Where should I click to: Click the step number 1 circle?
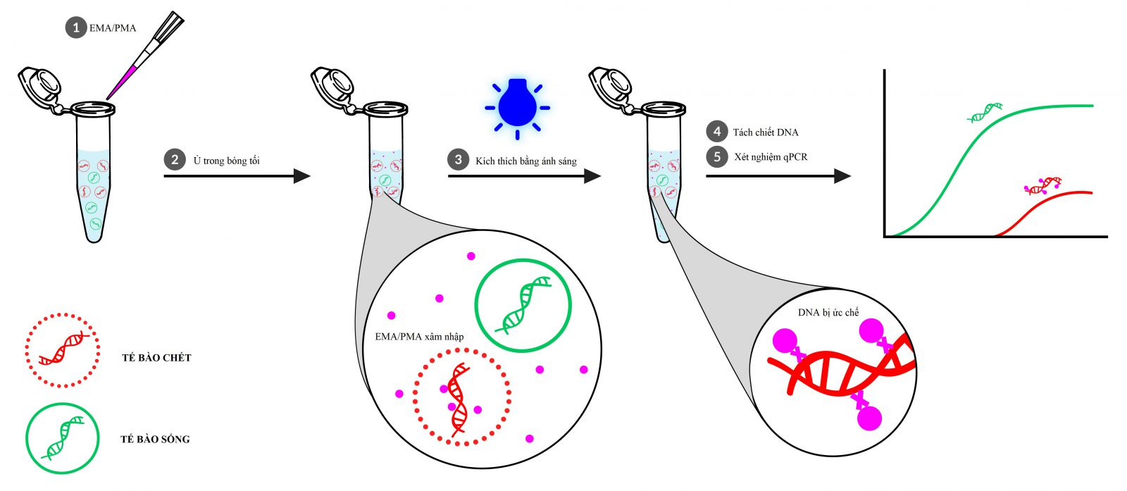76,27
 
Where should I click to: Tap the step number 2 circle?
175,160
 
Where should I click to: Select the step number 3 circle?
458,160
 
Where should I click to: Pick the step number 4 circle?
717,132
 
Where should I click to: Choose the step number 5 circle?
717,157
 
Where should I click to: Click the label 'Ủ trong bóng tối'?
226,161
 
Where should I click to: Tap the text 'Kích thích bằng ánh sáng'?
526,161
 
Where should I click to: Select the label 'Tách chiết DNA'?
765,132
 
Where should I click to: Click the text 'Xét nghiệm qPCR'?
771,157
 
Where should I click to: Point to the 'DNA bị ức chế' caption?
828,312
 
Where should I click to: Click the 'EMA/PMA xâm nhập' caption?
419,337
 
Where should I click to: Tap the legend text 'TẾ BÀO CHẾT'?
156,358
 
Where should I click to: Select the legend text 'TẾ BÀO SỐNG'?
156,439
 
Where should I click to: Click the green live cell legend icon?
63,439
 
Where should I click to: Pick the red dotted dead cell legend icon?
63,350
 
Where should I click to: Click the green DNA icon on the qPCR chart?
985,112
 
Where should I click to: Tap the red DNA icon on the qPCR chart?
1043,186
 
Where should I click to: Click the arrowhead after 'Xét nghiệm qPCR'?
842,176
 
